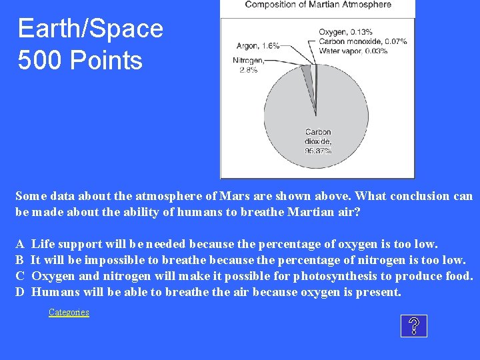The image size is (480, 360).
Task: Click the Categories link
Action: [69, 312]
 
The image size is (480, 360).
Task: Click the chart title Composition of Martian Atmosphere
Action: [318, 5]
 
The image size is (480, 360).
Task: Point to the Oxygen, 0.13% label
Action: [345, 31]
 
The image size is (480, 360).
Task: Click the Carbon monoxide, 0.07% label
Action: [362, 41]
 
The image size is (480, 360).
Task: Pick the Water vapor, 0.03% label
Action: [353, 51]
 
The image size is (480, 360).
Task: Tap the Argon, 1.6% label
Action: [257, 46]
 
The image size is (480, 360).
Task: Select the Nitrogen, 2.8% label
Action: [248, 65]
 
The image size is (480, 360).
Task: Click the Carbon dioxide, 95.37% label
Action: [318, 141]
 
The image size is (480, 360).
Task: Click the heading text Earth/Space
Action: [90, 29]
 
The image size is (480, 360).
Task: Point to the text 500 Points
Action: [80, 61]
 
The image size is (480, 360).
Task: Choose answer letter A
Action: [21, 244]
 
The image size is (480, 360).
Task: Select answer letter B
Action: [21, 260]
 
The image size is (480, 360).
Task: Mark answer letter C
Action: [21, 276]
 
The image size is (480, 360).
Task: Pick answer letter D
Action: [21, 292]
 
